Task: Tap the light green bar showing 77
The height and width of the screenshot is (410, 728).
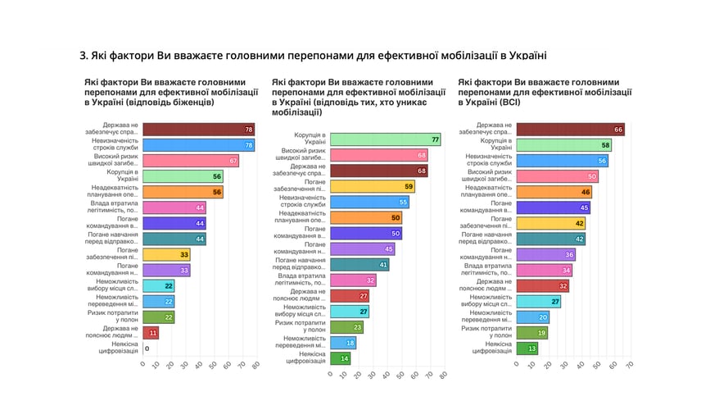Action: point(385,139)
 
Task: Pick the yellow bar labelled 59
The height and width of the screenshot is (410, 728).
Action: point(372,186)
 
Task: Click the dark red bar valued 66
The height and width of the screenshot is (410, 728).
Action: point(570,130)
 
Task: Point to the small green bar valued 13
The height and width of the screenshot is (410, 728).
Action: point(527,348)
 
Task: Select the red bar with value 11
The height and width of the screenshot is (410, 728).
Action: point(150,332)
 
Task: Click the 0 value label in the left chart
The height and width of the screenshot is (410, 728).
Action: point(147,348)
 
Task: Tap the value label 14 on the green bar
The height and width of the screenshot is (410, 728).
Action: point(345,358)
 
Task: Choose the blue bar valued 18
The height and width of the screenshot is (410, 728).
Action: point(342,343)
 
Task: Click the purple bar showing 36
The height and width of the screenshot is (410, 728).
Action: point(545,255)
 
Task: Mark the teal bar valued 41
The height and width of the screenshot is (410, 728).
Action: point(359,265)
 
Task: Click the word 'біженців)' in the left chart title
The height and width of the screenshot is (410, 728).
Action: point(191,103)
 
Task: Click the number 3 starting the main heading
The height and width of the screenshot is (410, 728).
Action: point(83,56)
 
